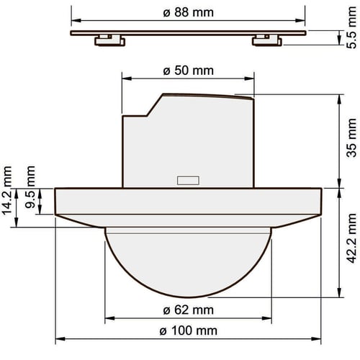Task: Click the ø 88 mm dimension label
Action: point(188,12)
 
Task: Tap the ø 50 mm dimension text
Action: point(188,71)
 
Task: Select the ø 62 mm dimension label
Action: point(188,310)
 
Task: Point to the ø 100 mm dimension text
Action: point(188,331)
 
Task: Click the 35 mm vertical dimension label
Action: point(351,138)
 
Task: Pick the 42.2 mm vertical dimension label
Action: point(351,238)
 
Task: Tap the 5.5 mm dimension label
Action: point(351,27)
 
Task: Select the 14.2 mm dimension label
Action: point(6,190)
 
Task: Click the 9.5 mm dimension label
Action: point(30,187)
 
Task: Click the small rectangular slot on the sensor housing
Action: point(188,181)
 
